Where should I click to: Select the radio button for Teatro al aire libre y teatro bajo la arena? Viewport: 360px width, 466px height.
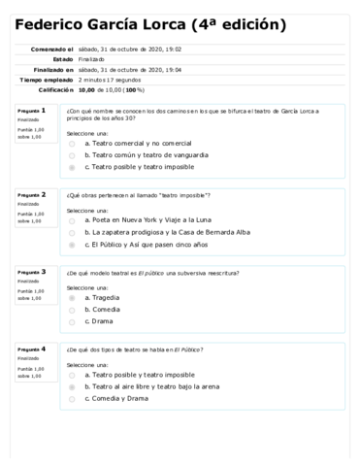click(x=72, y=386)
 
